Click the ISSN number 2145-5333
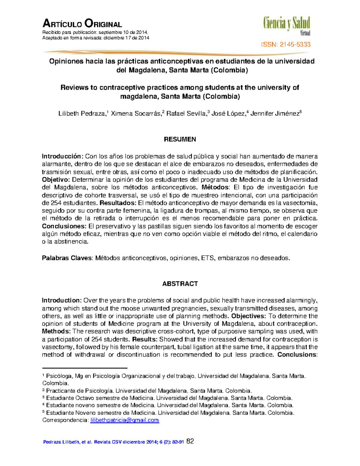pyautogui.click(x=286, y=45)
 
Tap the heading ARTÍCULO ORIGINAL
pyautogui.click(x=82, y=24)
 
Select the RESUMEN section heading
pyautogui.click(x=180, y=139)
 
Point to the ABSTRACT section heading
pyautogui.click(x=180, y=284)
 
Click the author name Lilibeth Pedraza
pyautogui.click(x=82, y=114)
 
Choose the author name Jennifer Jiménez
pyautogui.click(x=275, y=114)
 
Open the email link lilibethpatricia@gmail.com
pyautogui.click(x=124, y=420)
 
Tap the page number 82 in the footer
pyautogui.click(x=190, y=441)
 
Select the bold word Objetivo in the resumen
pyautogui.click(x=55, y=180)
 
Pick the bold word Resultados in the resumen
pyautogui.click(x=118, y=203)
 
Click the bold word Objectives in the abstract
pyautogui.click(x=248, y=316)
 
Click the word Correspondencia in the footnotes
pyautogui.click(x=65, y=420)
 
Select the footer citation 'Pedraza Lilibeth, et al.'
pyautogui.click(x=67, y=442)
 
